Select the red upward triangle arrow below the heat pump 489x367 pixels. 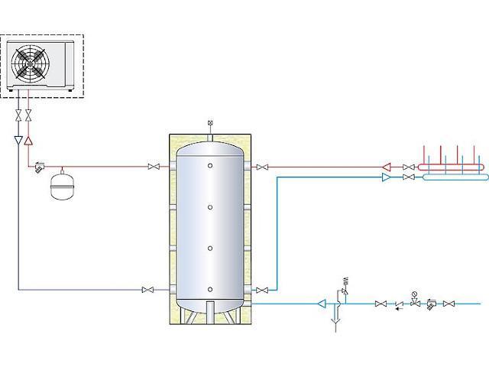28,141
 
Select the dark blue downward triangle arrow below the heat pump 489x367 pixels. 18,141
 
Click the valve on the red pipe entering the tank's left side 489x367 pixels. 154,167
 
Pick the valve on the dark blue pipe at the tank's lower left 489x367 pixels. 147,290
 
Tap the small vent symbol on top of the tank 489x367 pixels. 209,124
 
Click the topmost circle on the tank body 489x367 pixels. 209,165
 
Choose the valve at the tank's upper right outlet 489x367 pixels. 262,167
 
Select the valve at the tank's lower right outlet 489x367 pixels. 262,290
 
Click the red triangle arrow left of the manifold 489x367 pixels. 387,166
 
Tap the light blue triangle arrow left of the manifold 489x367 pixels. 387,177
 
